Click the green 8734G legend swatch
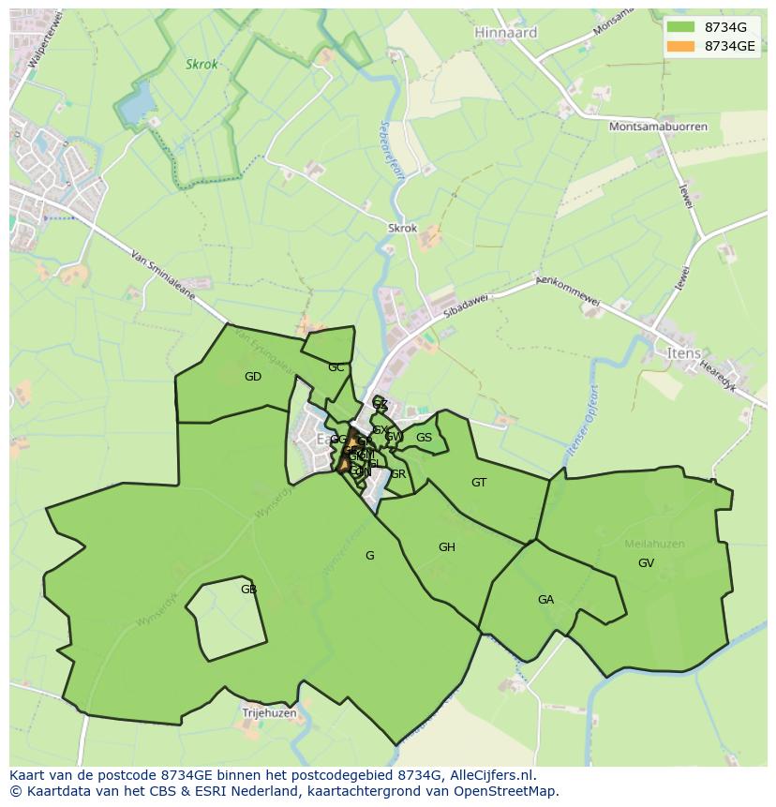(681, 27)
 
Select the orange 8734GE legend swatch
(681, 46)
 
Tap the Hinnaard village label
(506, 32)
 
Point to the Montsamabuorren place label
(658, 127)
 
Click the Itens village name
(683, 353)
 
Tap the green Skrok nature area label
(201, 65)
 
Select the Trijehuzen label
(269, 713)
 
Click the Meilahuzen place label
(654, 544)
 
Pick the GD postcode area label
(253, 377)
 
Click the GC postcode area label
(336, 367)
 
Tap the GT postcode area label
(479, 483)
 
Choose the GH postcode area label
(447, 547)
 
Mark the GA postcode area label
(545, 600)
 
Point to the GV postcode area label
(646, 563)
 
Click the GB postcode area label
(248, 590)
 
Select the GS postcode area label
(424, 438)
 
